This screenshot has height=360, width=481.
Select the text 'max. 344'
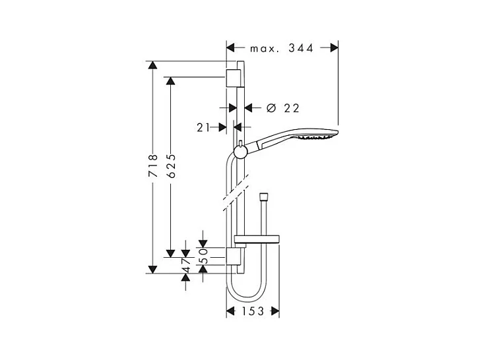(281, 47)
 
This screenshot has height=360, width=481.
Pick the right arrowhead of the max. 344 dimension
(334, 47)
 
